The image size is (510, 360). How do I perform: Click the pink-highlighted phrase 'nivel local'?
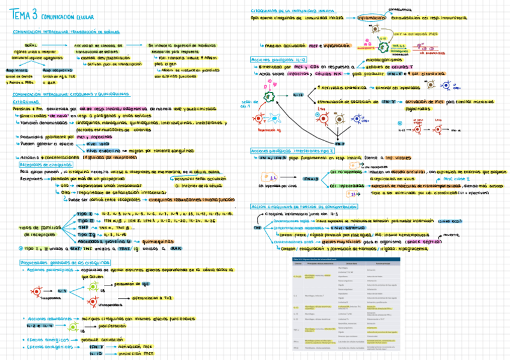coord(100,144)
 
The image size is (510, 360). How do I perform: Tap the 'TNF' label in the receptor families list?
coord(83,228)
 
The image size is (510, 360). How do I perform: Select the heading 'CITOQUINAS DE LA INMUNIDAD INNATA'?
coord(288,11)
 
